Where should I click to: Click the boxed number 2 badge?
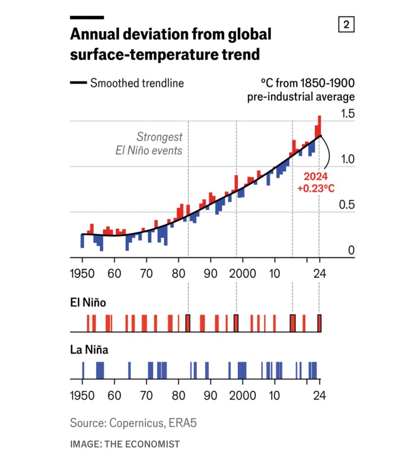(346, 25)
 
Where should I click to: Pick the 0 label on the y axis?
(352, 251)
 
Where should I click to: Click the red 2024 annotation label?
(316, 176)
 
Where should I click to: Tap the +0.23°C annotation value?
(316, 189)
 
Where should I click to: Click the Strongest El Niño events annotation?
(149, 143)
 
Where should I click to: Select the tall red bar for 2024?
(319, 125)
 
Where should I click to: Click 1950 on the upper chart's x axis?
(82, 274)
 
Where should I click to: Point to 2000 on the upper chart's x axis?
(243, 274)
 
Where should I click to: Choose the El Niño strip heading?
(88, 303)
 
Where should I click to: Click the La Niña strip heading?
(89, 349)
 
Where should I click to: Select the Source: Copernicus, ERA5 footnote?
(134, 423)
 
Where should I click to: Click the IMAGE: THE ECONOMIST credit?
(125, 444)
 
